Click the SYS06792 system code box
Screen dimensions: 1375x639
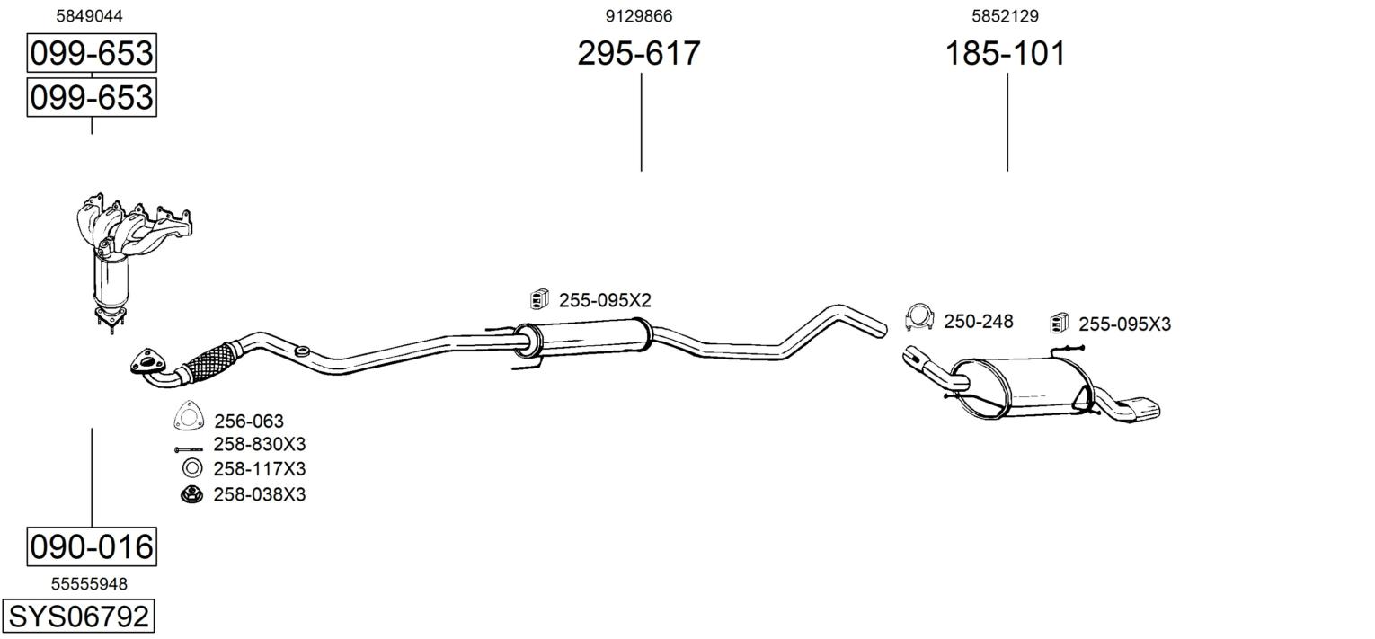pos(78,616)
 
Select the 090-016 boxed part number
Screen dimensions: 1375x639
pos(92,546)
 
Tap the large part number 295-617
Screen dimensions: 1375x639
pos(639,53)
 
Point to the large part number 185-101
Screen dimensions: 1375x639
pos(1006,53)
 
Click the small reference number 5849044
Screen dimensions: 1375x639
pos(90,16)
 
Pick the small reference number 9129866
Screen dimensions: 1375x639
pos(639,16)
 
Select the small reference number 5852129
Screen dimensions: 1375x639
pos(1005,16)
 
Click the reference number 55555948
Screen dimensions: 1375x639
pos(89,584)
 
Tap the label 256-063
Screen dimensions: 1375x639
pos(249,422)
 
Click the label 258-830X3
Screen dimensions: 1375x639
pos(260,444)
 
